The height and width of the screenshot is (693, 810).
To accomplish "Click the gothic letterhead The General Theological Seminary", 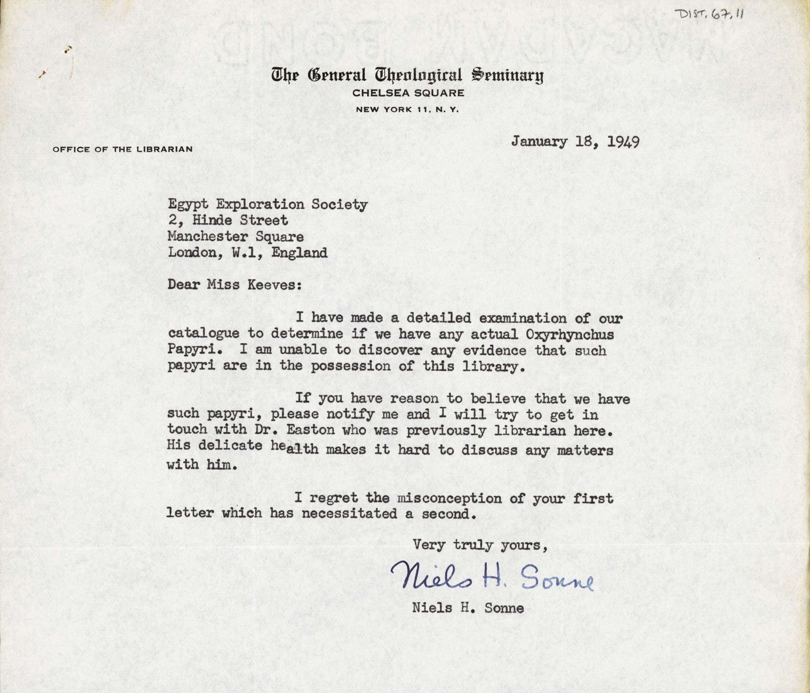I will click(407, 75).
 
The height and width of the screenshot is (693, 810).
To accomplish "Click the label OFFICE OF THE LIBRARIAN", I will click(122, 149).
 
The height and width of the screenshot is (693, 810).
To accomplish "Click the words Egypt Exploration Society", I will click(268, 205).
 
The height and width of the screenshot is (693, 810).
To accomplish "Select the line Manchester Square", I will click(236, 237).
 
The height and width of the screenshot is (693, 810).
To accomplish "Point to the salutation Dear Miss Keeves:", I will click(235, 285).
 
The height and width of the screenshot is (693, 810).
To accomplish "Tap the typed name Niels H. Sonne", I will click(468, 608).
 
